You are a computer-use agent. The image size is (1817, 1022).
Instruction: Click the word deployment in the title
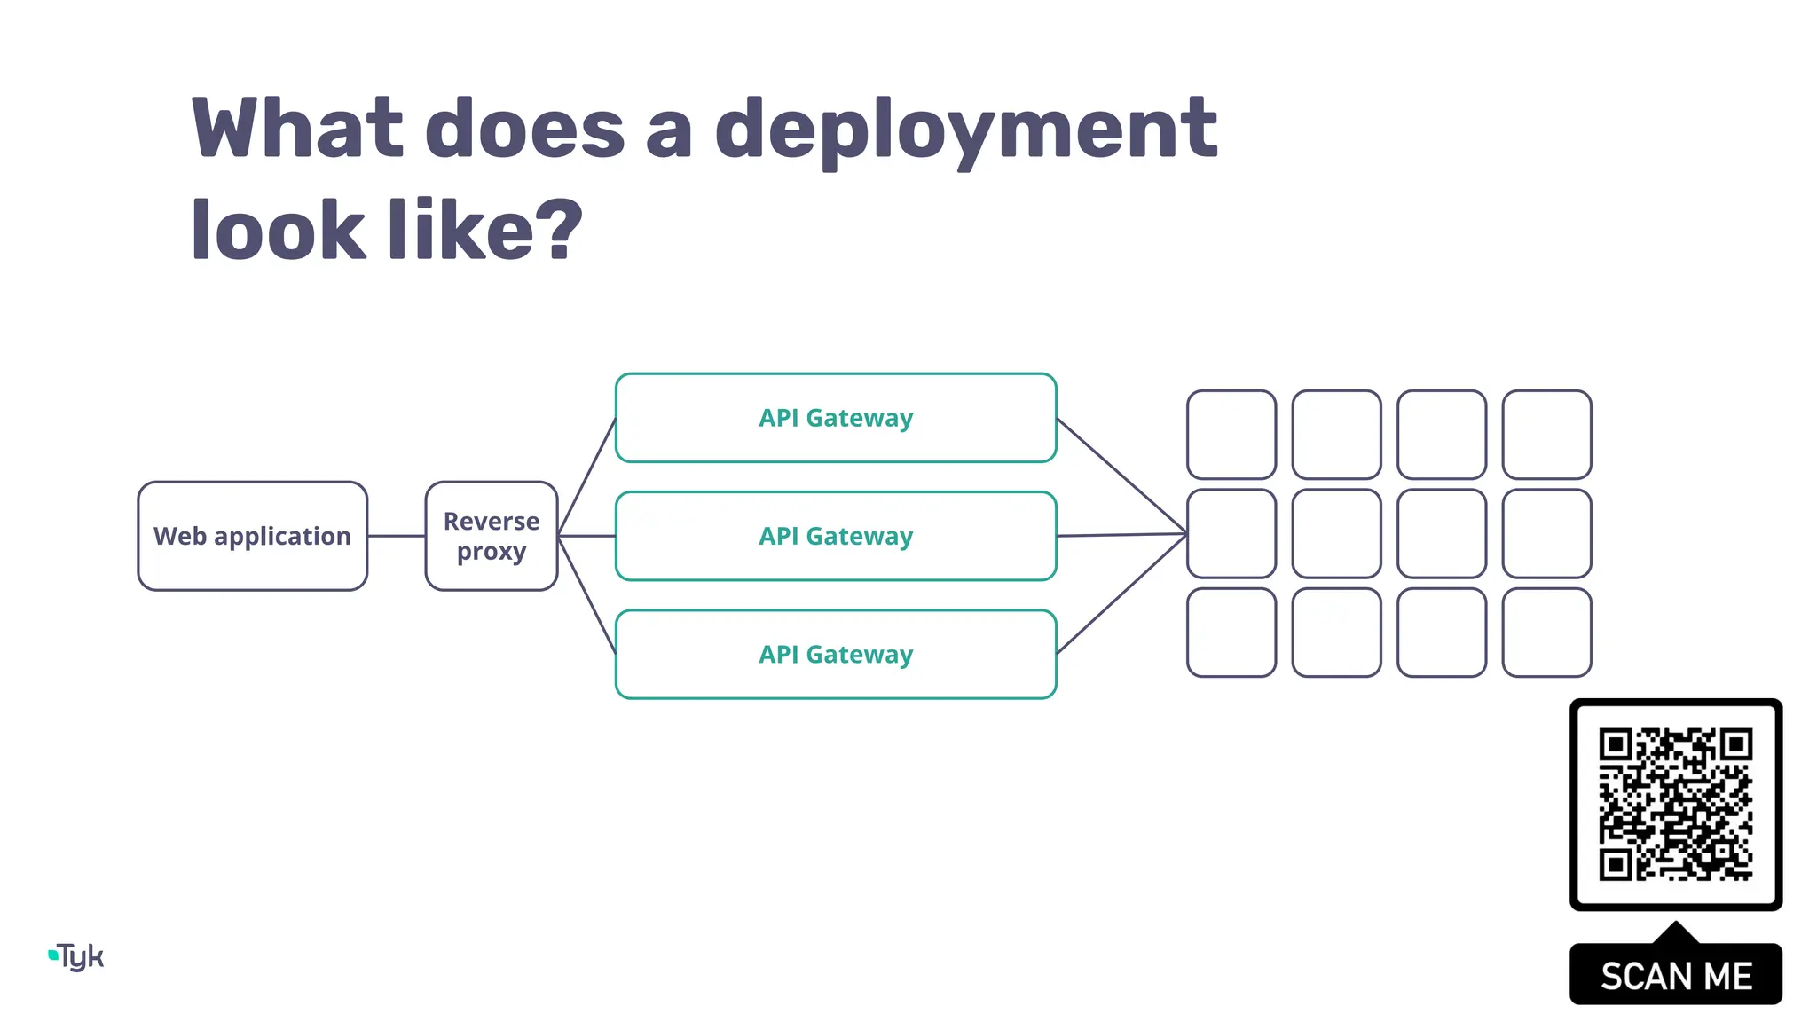point(965,130)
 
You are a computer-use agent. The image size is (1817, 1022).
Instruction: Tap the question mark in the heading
point(559,230)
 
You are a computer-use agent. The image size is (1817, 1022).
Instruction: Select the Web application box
point(253,536)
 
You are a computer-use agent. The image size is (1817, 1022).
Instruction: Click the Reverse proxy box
point(492,536)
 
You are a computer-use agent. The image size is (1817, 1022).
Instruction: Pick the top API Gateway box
point(836,418)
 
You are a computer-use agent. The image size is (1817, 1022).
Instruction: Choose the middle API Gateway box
point(836,536)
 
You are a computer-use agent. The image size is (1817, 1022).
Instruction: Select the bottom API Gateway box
point(836,655)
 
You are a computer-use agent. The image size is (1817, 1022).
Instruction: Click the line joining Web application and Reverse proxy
point(397,536)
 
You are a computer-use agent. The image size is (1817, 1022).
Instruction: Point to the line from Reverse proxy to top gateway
point(587,476)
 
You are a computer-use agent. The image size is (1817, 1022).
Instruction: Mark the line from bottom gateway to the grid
point(1122,594)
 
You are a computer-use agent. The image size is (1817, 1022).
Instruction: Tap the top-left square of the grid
point(1231,435)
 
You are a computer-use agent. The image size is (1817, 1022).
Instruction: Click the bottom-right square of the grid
point(1546,633)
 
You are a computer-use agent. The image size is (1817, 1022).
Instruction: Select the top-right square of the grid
point(1546,435)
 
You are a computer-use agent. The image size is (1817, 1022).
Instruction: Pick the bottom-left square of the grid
point(1231,633)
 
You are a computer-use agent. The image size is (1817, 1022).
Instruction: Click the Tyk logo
point(77,956)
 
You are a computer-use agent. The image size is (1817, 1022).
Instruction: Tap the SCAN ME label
point(1676,976)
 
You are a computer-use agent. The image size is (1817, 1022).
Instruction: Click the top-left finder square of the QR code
point(1616,745)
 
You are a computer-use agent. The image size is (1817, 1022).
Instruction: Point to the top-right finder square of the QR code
point(1735,745)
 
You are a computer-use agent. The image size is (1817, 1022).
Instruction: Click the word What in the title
point(297,130)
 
